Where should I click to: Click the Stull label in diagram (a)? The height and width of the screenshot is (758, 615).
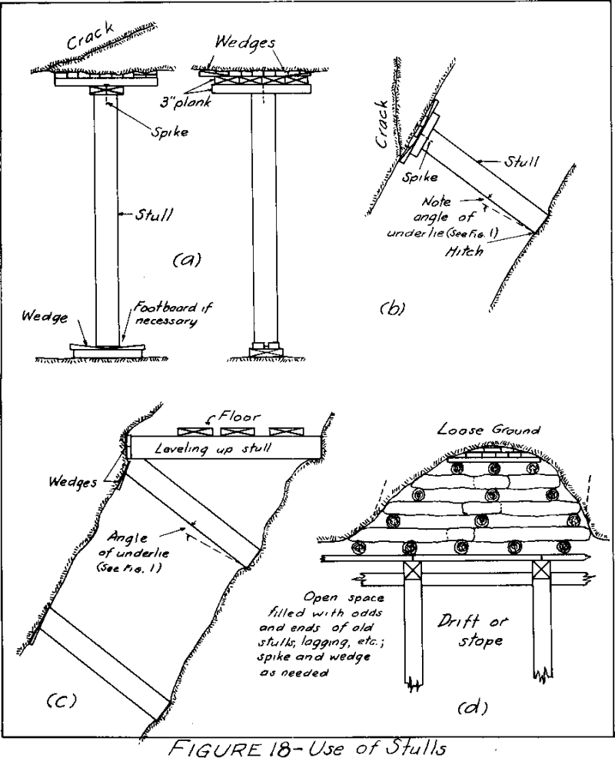pos(153,214)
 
